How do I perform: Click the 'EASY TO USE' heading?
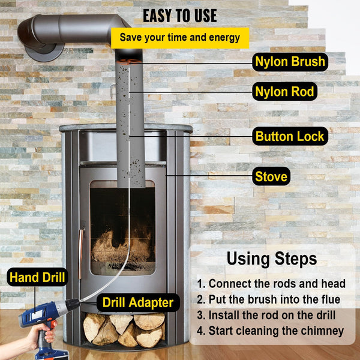click(x=180, y=15)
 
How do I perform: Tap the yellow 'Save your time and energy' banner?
click(x=180, y=37)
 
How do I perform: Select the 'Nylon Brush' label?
click(x=290, y=61)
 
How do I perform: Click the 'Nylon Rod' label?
click(x=285, y=92)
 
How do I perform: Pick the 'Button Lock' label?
click(x=290, y=136)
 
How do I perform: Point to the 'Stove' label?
click(x=271, y=176)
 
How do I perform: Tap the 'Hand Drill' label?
click(x=37, y=277)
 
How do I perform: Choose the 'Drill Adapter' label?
click(x=138, y=302)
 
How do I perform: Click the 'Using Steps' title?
click(x=271, y=259)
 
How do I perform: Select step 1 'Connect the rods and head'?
click(x=271, y=283)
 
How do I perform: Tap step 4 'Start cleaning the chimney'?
click(x=271, y=331)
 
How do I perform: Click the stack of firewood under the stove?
click(x=123, y=329)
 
